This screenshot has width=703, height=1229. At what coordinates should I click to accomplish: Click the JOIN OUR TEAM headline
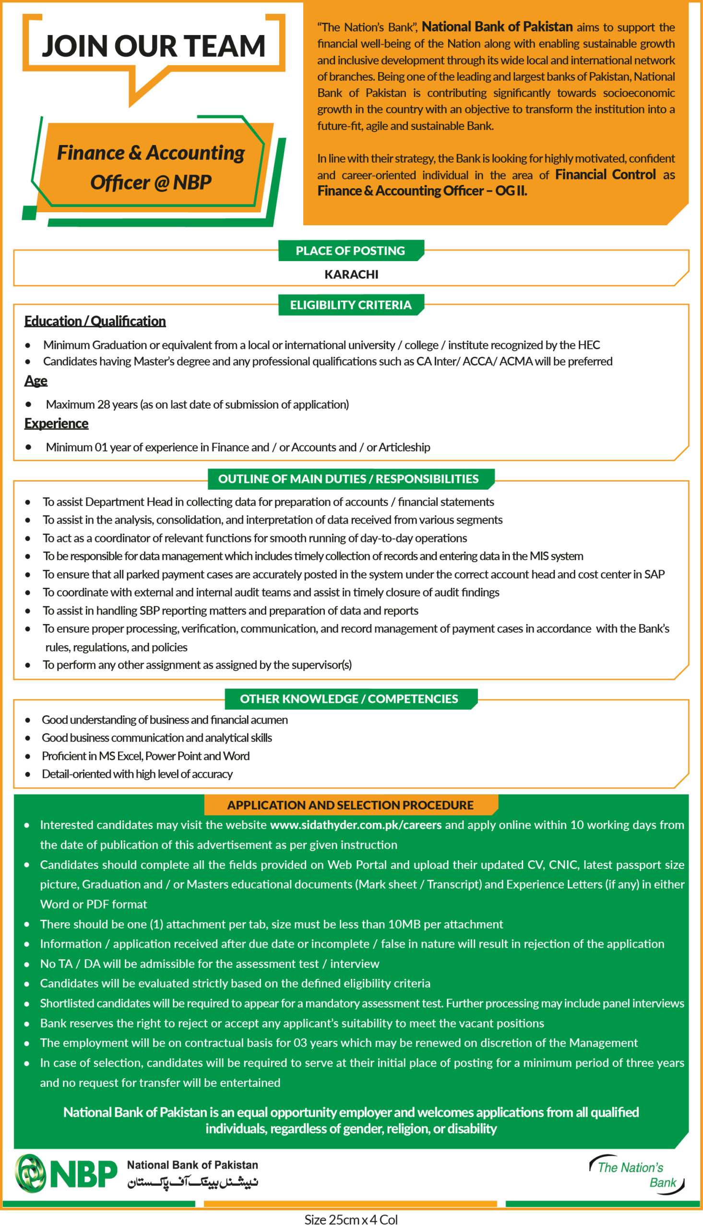click(154, 47)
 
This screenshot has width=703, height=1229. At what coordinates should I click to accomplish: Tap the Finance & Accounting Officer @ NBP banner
click(151, 167)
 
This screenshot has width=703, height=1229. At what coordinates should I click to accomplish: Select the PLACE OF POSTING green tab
click(350, 251)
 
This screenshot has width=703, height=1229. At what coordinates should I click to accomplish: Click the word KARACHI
click(351, 274)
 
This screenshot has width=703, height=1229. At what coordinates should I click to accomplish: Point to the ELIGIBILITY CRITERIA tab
click(350, 305)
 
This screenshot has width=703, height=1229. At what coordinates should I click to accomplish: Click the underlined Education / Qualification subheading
click(95, 321)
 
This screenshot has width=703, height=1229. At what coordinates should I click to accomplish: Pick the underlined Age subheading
click(36, 381)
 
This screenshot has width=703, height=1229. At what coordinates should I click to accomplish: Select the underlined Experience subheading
click(57, 423)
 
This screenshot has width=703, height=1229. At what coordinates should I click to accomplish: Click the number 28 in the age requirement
click(104, 405)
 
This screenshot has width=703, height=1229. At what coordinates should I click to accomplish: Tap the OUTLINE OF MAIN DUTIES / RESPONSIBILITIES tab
click(348, 479)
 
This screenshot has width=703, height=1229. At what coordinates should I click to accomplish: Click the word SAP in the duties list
click(655, 574)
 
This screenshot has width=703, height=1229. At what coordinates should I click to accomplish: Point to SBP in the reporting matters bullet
click(150, 610)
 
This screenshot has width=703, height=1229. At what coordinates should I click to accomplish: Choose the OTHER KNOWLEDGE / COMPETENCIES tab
click(349, 699)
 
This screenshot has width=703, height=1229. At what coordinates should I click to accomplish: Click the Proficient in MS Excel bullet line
click(146, 756)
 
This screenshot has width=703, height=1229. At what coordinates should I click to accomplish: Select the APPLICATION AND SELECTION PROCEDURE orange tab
click(350, 805)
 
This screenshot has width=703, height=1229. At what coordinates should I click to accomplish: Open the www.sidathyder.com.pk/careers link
click(356, 825)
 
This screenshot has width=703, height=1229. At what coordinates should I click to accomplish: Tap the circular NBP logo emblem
click(30, 1173)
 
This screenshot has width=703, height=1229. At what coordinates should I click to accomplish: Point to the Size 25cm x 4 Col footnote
click(351, 1220)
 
